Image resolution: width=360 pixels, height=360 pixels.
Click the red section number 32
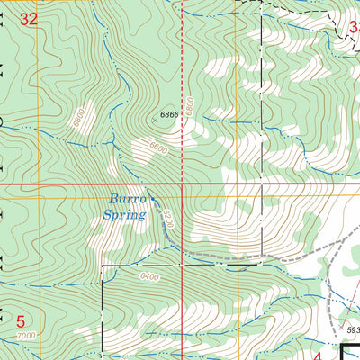[29, 18]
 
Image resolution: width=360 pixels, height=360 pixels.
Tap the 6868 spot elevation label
[170, 115]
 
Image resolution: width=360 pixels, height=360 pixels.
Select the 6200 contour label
[166, 220]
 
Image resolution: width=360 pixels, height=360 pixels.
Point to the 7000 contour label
[28, 336]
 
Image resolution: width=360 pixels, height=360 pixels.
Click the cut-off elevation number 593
[350, 329]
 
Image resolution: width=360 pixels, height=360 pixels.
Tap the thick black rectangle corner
[345, 346]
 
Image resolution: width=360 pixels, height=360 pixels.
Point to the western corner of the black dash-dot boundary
[102, 266]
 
